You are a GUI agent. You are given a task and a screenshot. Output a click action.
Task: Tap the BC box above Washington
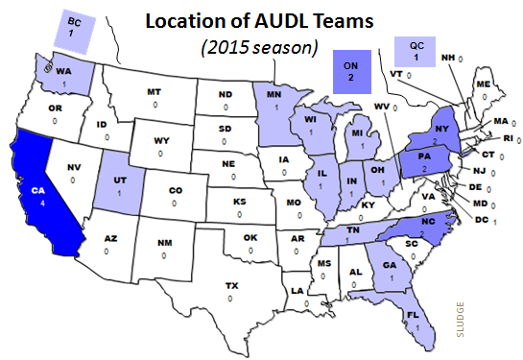coord(71,26)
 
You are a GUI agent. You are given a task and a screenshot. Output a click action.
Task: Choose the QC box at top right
coord(416,50)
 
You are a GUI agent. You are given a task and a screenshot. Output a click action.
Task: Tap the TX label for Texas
coord(231,286)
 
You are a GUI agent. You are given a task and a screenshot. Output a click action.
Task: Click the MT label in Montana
coord(154,91)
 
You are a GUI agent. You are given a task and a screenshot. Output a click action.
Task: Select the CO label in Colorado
coord(176,191)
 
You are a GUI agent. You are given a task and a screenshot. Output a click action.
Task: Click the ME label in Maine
coord(483,84)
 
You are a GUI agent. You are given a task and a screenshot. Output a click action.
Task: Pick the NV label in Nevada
coord(73,167)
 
